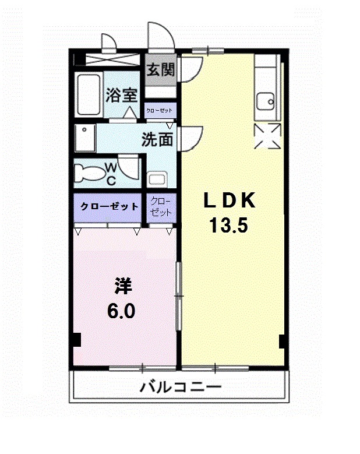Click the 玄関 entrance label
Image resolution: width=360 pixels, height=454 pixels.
pyautogui.click(x=161, y=70)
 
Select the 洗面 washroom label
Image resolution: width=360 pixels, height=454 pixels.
pyautogui.click(x=157, y=140)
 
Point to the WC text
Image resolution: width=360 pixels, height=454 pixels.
pyautogui.click(x=111, y=174)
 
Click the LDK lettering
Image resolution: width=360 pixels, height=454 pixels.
pyautogui.click(x=230, y=200)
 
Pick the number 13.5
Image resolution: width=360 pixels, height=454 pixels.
pyautogui.click(x=228, y=226)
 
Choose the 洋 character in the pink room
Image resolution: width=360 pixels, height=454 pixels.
pyautogui.click(x=123, y=286)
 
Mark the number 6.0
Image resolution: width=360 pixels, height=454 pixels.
pyautogui.click(x=121, y=311)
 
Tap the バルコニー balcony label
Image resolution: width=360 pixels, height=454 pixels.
pyautogui.click(x=181, y=387)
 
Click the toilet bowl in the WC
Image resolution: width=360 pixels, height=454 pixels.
pyautogui.click(x=90, y=173)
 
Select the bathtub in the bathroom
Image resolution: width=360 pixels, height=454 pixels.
pyautogui.click(x=89, y=95)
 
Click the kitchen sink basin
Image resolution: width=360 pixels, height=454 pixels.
pyautogui.click(x=266, y=101)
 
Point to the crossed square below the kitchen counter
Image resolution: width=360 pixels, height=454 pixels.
pyautogui.click(x=268, y=136)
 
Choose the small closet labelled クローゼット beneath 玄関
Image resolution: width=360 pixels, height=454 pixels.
pyautogui.click(x=160, y=110)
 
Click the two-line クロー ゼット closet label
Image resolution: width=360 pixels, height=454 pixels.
pyautogui.click(x=161, y=207)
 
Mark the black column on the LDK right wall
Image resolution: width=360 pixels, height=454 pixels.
pyautogui.click(x=283, y=342)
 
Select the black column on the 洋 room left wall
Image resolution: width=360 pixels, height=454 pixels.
pyautogui.click(x=77, y=339)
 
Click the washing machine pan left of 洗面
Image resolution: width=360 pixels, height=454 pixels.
pyautogui.click(x=85, y=138)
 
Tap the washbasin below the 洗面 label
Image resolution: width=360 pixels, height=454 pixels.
pyautogui.click(x=157, y=180)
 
